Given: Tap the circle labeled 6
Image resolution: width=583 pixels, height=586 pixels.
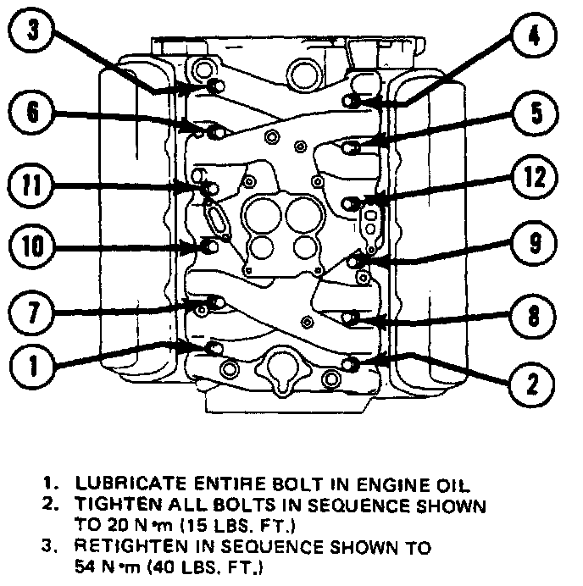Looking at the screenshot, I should [x=32, y=113].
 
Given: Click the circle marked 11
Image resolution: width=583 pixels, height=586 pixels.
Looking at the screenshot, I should [x=32, y=183].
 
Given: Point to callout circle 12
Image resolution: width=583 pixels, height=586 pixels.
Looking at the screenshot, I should [x=531, y=178].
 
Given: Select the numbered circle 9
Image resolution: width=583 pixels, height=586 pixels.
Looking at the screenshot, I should [x=531, y=246].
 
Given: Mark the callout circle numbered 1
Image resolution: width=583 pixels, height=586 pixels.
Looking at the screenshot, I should [x=32, y=368].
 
